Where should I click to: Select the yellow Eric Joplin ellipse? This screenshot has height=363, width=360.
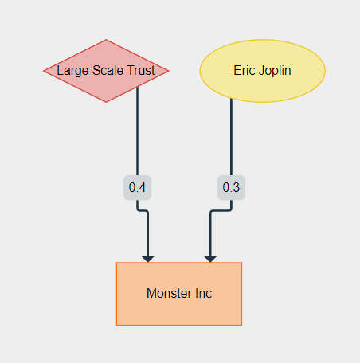[x=262, y=71]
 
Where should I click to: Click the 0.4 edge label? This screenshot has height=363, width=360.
[x=137, y=188]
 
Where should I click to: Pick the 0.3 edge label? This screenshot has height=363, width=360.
[x=231, y=188]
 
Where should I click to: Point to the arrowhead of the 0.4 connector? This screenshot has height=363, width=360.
[x=147, y=257]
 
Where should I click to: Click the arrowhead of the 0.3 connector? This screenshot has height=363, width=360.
[x=210, y=257]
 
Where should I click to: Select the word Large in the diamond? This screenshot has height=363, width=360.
[x=72, y=71]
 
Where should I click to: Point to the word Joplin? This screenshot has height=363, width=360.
[x=274, y=71]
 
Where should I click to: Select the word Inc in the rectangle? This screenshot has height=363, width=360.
[x=203, y=294]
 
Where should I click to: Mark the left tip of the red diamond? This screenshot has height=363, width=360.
[x=44, y=71]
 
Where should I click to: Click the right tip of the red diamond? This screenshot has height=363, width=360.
[x=169, y=71]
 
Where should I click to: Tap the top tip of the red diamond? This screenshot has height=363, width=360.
[x=106, y=40]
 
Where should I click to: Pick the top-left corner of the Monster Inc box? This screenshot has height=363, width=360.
[x=117, y=263]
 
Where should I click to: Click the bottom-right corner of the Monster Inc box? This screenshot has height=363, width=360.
[x=241, y=325]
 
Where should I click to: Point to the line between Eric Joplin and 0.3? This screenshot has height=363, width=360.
[x=231, y=139]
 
